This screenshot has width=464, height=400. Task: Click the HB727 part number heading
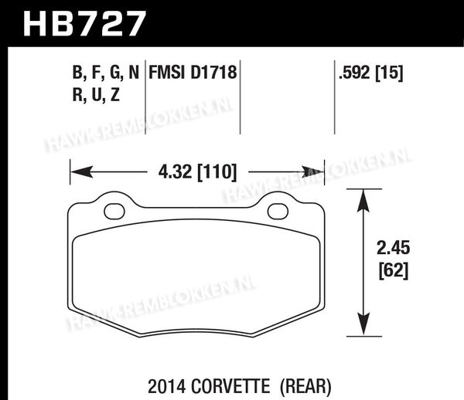(x=84, y=23)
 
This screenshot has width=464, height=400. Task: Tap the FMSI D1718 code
(x=193, y=73)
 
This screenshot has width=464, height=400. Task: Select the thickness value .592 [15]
(x=370, y=73)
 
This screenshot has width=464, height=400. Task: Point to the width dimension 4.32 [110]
(x=198, y=172)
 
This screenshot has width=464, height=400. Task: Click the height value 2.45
(x=394, y=248)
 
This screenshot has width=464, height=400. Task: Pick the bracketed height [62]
(x=394, y=270)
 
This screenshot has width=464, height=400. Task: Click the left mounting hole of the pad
(x=114, y=212)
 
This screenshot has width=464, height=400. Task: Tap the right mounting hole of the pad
(x=278, y=212)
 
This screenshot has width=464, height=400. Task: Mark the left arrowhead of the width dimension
(x=82, y=172)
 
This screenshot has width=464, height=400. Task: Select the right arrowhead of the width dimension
(x=313, y=172)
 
